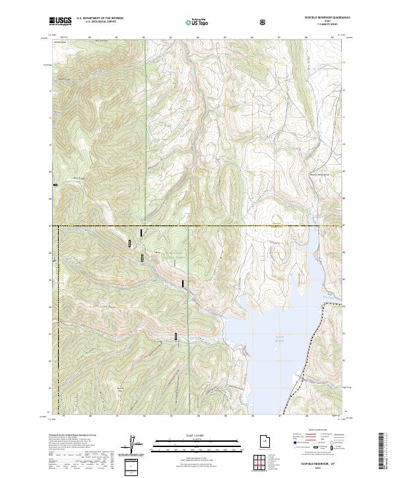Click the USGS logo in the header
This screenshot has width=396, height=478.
point(60,21)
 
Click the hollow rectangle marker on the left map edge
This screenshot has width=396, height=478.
point(56,185)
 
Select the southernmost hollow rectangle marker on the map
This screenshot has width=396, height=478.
point(176,336)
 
